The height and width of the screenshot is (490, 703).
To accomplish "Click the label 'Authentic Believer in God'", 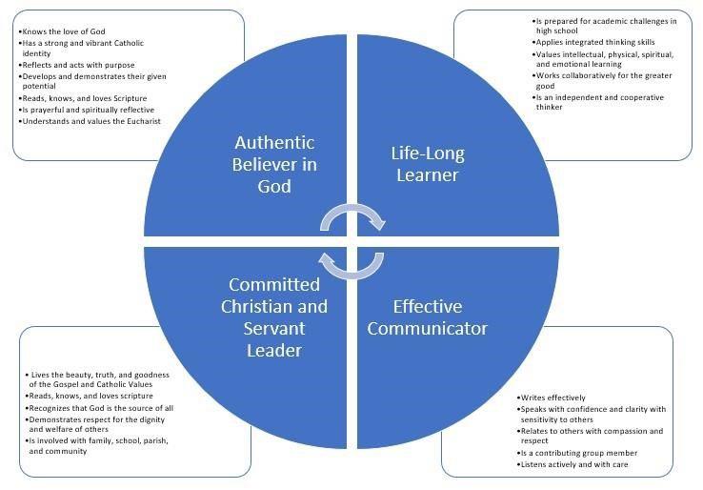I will coord(275,163).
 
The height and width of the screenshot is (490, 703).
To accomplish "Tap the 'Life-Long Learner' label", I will coord(425,163).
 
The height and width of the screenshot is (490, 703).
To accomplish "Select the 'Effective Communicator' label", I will coord(427,317).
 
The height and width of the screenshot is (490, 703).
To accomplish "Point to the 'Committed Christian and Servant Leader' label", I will coord(274,317).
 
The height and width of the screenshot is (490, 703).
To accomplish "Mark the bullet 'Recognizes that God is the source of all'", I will coord(100,407).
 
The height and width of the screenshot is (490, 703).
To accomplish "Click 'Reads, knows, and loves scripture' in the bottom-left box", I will coord(90,396).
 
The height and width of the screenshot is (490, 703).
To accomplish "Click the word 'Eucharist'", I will coord(140,121).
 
